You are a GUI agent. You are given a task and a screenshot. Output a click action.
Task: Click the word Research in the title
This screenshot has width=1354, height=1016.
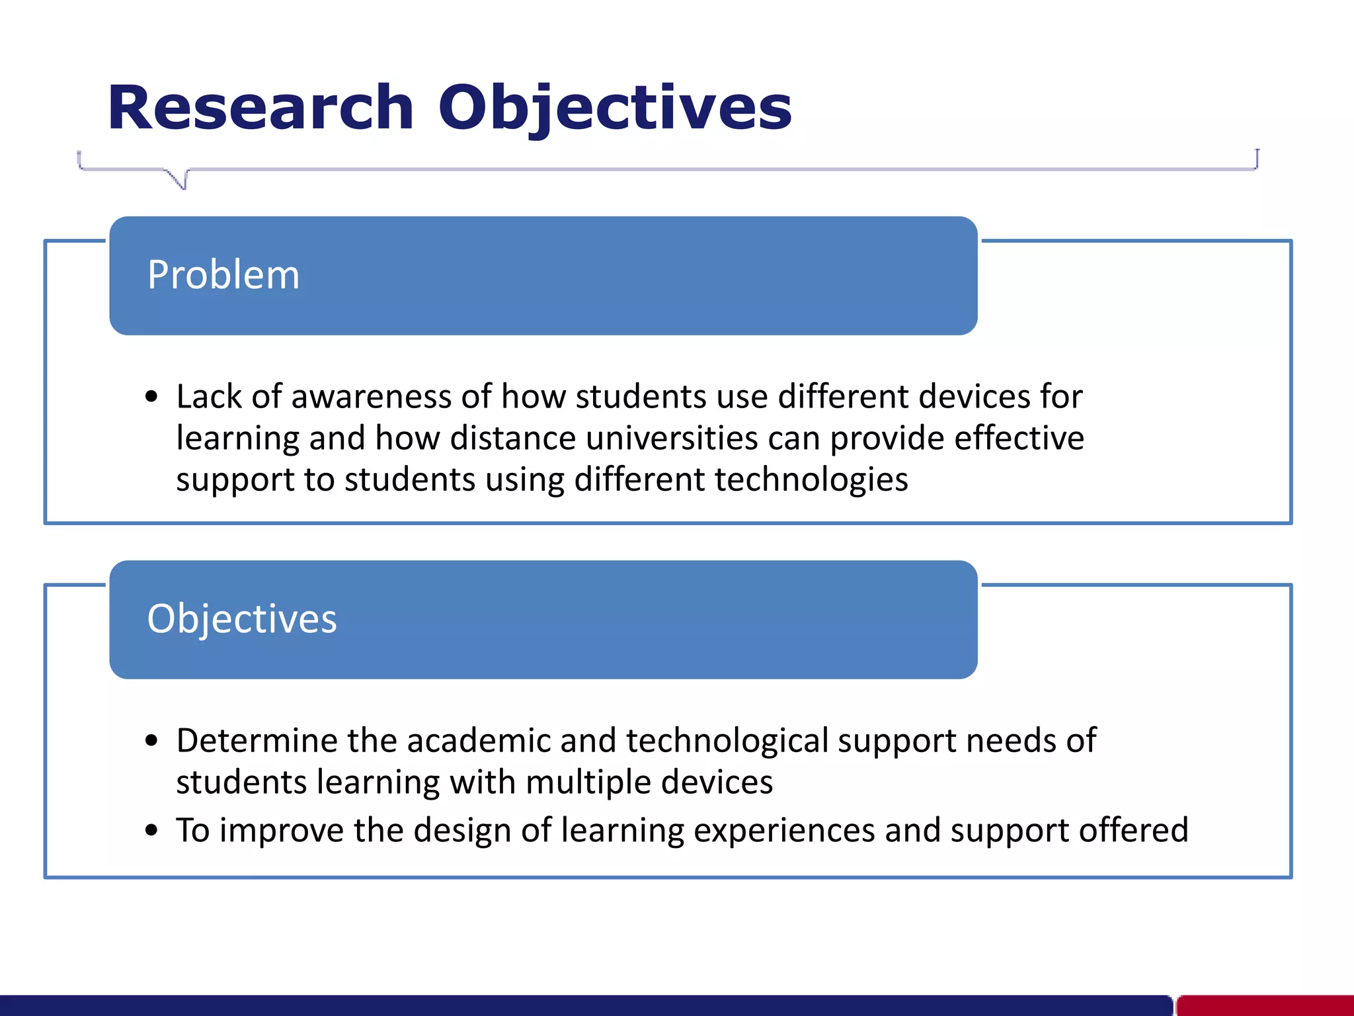tap(260, 108)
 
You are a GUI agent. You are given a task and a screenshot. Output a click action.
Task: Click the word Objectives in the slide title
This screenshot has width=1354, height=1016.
tap(615, 108)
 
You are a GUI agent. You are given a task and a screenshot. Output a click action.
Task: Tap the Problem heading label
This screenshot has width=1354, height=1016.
tap(223, 275)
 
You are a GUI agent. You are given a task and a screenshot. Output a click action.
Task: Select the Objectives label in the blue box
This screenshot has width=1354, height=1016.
tap(242, 619)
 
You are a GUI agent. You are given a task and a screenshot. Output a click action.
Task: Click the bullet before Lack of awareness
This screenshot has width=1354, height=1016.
tap(152, 397)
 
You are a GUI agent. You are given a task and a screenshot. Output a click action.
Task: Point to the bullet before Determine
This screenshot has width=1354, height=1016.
tap(152, 741)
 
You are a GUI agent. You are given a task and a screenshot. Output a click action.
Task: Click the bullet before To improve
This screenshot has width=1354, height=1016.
tap(152, 830)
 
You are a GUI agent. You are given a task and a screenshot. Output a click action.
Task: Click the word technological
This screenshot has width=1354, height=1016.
tap(727, 740)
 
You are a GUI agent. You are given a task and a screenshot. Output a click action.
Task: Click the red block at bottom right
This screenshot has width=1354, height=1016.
tap(1264, 1005)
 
